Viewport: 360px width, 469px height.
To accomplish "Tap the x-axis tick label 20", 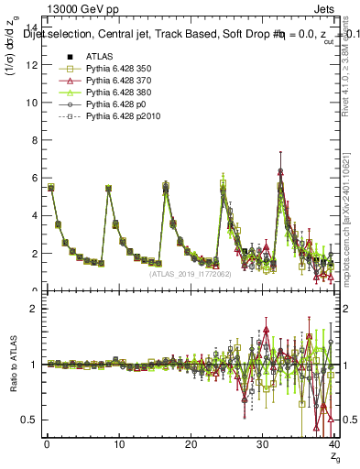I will point(191,444).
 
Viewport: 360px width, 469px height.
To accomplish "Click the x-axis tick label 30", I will point(263,444).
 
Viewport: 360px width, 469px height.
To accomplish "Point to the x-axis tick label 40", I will point(333,444).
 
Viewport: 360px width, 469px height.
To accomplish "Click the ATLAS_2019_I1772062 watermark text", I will point(189,273).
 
